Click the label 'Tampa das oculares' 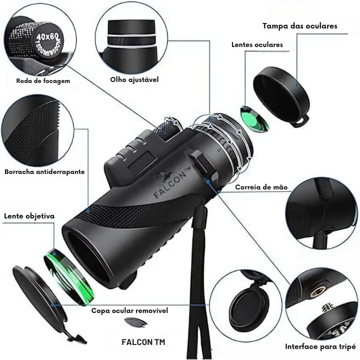click(300, 25)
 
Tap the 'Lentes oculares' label click(257, 44)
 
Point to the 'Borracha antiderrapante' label click(44, 171)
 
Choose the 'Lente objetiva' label click(29, 216)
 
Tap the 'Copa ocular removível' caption click(129, 310)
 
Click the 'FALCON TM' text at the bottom click(143, 342)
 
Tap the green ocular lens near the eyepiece click(249, 118)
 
